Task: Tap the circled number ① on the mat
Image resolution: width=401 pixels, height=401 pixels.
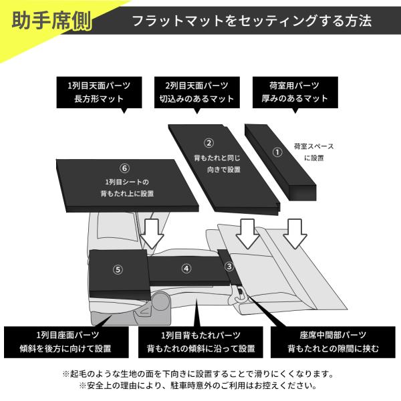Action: pos(278,152)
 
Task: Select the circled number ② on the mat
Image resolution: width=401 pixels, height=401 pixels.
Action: pos(209,142)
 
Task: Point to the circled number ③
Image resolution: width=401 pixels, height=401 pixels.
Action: pos(229,267)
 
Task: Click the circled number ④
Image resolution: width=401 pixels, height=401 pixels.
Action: pos(186,269)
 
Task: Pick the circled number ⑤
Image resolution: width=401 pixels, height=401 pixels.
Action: pos(118,270)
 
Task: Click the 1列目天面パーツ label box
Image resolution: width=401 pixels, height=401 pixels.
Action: pos(98,92)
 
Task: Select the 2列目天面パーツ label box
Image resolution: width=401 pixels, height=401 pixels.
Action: pos(196,92)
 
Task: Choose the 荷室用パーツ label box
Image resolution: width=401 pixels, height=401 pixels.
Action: pos(295,92)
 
